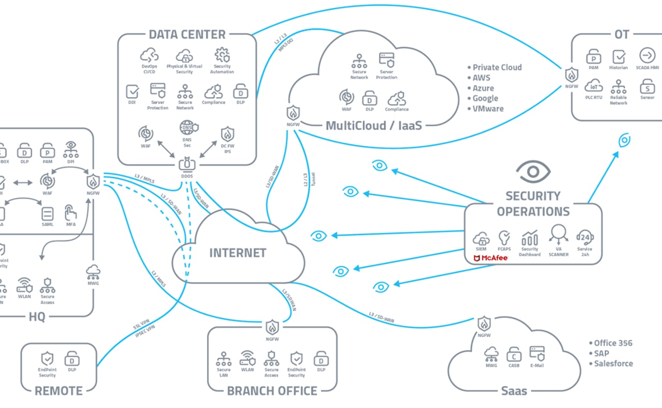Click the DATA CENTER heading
[187, 35]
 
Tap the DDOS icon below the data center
[187, 165]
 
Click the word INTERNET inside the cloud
[237, 253]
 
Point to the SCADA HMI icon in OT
[647, 55]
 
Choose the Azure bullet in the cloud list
[483, 88]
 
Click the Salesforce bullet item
[613, 363]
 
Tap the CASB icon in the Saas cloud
[514, 354]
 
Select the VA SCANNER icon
[559, 234]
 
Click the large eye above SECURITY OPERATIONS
[534, 171]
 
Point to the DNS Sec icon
[187, 127]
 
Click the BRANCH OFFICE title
[272, 390]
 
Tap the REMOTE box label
[58, 390]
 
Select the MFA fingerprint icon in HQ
[70, 213]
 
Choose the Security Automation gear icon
[222, 55]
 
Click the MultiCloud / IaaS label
[370, 126]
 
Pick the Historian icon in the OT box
[619, 56]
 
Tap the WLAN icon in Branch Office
[247, 358]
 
